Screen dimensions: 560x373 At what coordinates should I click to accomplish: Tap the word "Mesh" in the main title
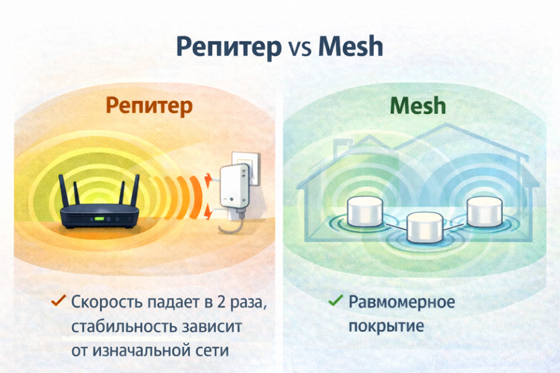coord(350,46)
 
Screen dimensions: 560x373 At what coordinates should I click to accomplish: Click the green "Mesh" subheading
coord(418,105)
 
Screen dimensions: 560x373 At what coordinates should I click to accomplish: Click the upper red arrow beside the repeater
coord(207,181)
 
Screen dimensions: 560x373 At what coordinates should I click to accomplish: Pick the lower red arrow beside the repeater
coord(207,210)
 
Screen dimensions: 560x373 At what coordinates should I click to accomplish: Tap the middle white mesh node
coord(425,227)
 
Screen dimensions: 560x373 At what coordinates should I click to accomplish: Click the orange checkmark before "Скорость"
coord(58,301)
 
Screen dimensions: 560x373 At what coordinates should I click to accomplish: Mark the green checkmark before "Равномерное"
coord(335,301)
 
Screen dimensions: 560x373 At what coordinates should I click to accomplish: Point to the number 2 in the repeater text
coord(222,302)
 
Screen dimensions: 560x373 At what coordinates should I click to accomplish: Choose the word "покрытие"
coord(386,327)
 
